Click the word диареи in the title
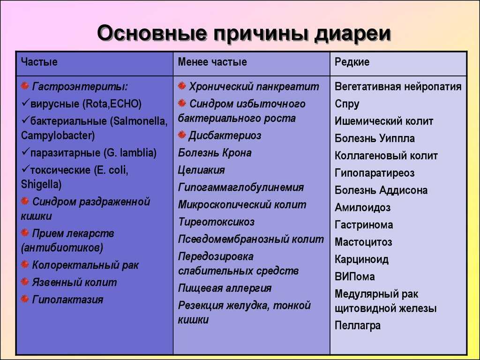pyautogui.click(x=352, y=33)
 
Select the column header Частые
pyautogui.click(x=39, y=62)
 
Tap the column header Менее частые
pyautogui.click(x=212, y=62)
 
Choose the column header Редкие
pyautogui.click(x=352, y=62)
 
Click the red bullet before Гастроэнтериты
pyautogui.click(x=25, y=86)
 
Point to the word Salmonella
pyautogui.click(x=140, y=121)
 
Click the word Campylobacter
pyautogui.click(x=58, y=135)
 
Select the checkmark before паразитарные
pyautogui.click(x=25, y=152)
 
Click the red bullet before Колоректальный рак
pyautogui.click(x=25, y=264)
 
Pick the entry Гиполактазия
pyautogui.click(x=67, y=300)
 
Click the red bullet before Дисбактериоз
pyautogui.click(x=182, y=135)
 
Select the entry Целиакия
pyautogui.click(x=202, y=170)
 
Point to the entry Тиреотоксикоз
pyautogui.click(x=216, y=222)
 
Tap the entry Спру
pyautogui.click(x=347, y=104)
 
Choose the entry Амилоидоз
pyautogui.click(x=362, y=208)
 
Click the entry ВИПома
pyautogui.click(x=354, y=277)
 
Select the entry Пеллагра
pyautogui.click(x=358, y=325)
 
